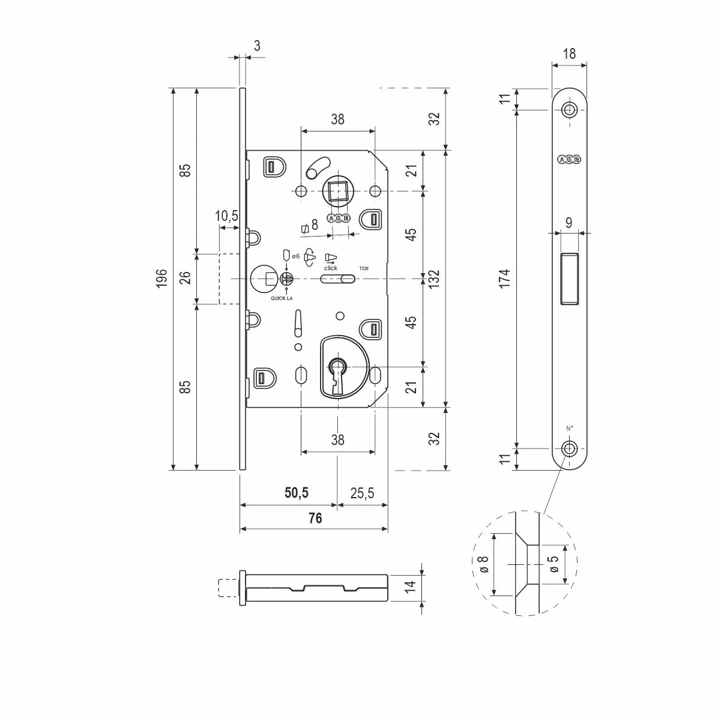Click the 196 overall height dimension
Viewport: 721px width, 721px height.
coord(160,280)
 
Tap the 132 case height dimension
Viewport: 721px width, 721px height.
coord(434,279)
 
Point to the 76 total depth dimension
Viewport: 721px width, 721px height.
coord(315,519)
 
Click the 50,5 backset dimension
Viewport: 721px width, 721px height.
coord(296,493)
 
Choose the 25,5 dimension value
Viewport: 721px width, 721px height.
coord(361,493)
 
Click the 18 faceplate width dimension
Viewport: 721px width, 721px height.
coord(569,53)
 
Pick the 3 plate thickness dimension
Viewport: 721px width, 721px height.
coord(257,46)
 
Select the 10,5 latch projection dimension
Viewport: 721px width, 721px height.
coord(227,216)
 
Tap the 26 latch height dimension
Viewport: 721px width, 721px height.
coord(185,279)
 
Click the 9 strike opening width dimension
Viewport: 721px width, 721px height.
coord(569,223)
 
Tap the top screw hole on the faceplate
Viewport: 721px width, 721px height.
coord(569,109)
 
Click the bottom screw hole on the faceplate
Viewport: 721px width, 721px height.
coord(569,448)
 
